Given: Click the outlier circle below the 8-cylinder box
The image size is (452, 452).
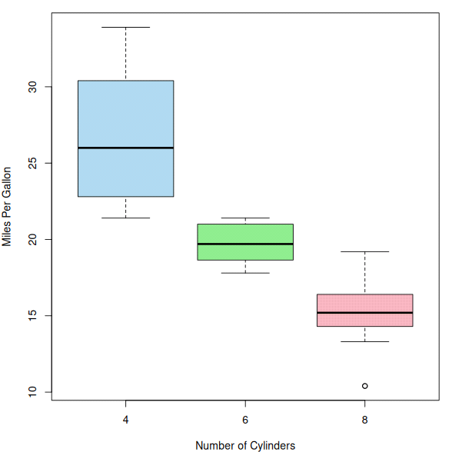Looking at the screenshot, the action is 364,386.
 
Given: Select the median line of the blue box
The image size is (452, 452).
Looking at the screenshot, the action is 126,148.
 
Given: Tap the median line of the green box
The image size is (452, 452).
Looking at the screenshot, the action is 245,244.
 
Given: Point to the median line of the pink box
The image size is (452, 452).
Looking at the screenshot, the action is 365,312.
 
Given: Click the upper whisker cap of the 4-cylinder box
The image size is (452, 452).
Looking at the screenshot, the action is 126,27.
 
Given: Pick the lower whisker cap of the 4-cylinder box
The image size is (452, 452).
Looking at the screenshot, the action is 126,218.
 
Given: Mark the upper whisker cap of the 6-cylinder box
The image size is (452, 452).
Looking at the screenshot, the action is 245,218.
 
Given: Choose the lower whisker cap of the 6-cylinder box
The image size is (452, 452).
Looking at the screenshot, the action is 245,273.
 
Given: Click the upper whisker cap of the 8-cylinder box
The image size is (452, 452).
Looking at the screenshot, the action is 365,251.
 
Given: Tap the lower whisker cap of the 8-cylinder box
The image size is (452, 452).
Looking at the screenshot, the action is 365,341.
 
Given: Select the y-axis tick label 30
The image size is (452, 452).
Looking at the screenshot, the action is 32,87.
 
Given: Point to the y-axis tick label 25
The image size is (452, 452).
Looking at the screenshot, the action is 32,163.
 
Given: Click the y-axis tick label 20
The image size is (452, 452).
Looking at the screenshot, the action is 32,239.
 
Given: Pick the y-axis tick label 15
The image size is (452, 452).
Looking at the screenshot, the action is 32,316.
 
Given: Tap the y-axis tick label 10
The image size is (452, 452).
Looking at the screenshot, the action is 32,392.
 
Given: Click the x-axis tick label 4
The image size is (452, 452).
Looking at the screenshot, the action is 126,420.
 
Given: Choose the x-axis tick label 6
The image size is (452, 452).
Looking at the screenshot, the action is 245,420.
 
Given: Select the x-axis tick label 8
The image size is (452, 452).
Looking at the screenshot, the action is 365,420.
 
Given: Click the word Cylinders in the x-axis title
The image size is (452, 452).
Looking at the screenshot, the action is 273,446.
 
